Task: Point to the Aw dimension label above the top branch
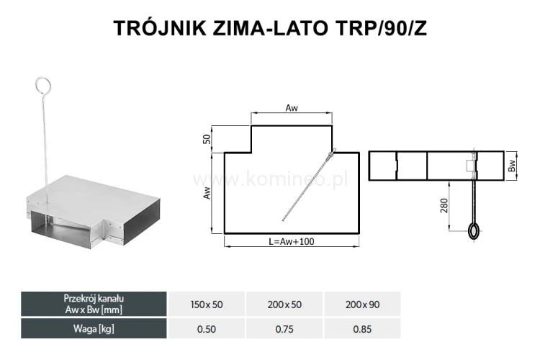pyautogui.click(x=292, y=108)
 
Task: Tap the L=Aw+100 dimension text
pyautogui.click(x=291, y=242)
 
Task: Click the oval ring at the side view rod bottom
pyautogui.click(x=474, y=231)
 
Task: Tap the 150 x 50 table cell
pyautogui.click(x=207, y=305)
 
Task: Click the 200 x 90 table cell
pyautogui.click(x=364, y=305)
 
